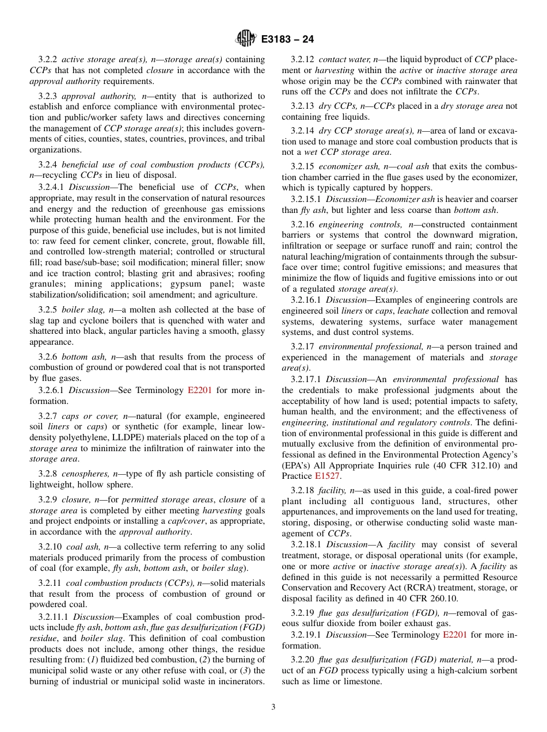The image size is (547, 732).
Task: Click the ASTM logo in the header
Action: (x=246, y=39)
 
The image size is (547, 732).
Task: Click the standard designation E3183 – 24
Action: (x=287, y=40)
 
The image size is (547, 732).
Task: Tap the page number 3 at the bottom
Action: (x=273, y=707)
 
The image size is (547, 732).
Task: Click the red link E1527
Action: (x=327, y=476)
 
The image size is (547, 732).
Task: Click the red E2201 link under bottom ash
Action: (x=200, y=390)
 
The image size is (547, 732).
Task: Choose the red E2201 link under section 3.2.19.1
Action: (x=454, y=635)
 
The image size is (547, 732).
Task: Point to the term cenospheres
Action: (x=82, y=474)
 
